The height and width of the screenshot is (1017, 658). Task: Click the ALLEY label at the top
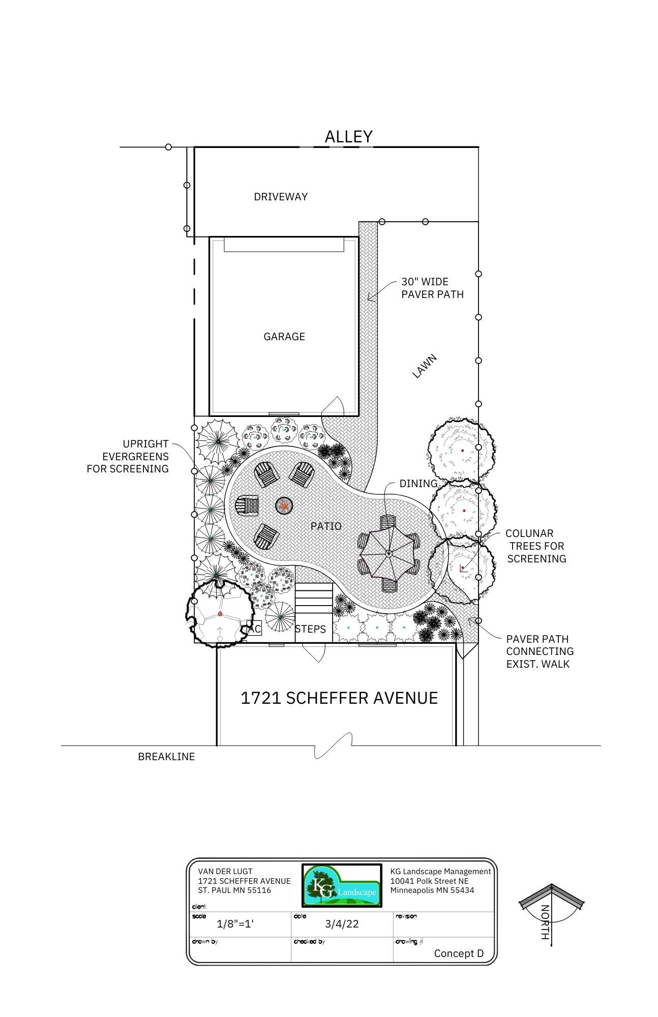coord(349,136)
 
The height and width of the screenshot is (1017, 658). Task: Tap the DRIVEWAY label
coord(281,197)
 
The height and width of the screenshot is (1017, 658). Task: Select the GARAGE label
coord(284,337)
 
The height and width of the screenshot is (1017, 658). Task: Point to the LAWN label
coord(425,366)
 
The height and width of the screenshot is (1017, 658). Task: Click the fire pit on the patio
coord(284,505)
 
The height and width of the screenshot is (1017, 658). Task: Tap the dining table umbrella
coord(389,553)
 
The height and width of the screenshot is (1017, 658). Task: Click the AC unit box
coord(254,629)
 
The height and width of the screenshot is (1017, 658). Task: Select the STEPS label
coord(310,630)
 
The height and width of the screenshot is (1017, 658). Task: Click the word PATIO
coord(326,526)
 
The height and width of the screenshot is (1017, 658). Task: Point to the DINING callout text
coord(418,484)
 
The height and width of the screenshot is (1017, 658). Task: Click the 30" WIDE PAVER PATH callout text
coord(433,288)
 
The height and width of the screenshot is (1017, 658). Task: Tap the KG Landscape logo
coord(342,885)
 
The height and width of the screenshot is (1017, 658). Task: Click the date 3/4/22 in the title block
coord(342,924)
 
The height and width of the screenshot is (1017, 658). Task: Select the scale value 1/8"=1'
coord(235,924)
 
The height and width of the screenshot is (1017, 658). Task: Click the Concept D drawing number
coord(459,953)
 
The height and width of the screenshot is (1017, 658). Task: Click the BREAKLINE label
coord(166,757)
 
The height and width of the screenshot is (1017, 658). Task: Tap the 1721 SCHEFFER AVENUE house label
coord(339,698)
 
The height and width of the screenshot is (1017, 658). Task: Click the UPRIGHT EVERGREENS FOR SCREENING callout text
coord(128,457)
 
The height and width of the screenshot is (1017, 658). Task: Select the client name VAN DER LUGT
coord(225,872)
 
